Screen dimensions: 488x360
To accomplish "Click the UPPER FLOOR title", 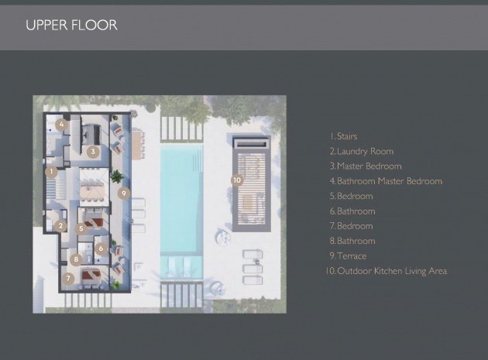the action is pyautogui.click(x=71, y=26).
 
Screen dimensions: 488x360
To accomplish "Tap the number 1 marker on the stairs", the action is pyautogui.click(x=51, y=171).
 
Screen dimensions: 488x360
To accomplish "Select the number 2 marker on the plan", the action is pyautogui.click(x=60, y=226).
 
